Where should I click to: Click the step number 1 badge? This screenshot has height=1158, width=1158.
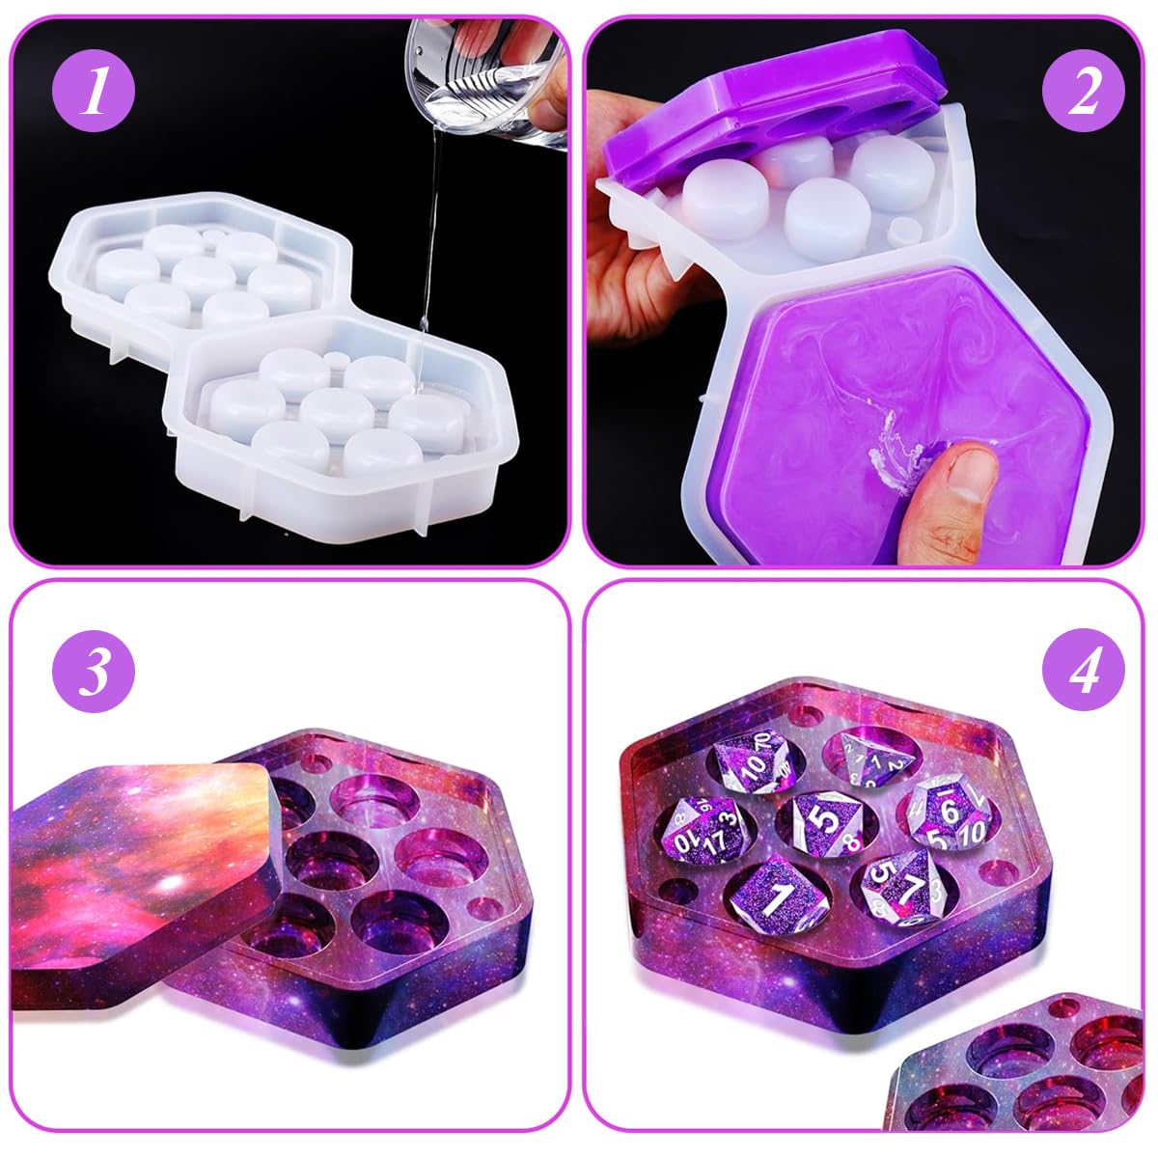(94, 99)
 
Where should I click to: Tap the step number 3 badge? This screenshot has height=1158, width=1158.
(94, 674)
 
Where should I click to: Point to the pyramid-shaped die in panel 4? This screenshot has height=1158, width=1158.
(868, 758)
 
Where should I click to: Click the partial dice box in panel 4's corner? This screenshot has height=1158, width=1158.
(1023, 1071)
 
